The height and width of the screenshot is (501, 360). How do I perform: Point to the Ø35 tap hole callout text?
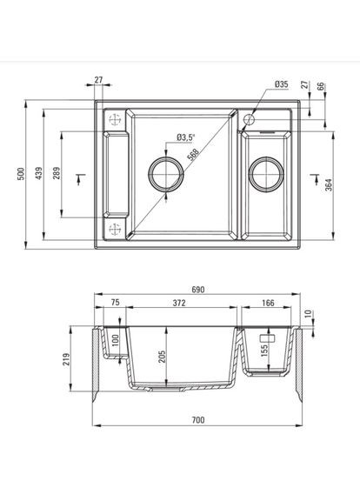[x=281, y=83]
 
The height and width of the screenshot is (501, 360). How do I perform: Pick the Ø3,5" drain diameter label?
[x=186, y=137]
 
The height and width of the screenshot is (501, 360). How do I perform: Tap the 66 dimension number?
[x=321, y=87]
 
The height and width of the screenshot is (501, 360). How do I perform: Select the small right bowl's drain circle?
[x=263, y=174]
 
